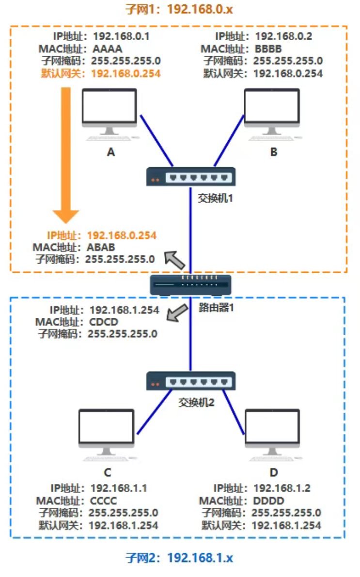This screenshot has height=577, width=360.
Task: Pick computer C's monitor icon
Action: (x=106, y=432)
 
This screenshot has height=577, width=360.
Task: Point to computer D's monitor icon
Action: (x=272, y=432)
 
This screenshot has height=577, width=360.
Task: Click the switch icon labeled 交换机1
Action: (x=191, y=176)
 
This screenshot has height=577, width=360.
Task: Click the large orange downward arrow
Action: (x=65, y=155)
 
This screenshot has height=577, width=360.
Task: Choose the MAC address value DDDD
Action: (x=268, y=501)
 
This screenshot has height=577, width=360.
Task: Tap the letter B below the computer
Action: (x=274, y=152)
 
